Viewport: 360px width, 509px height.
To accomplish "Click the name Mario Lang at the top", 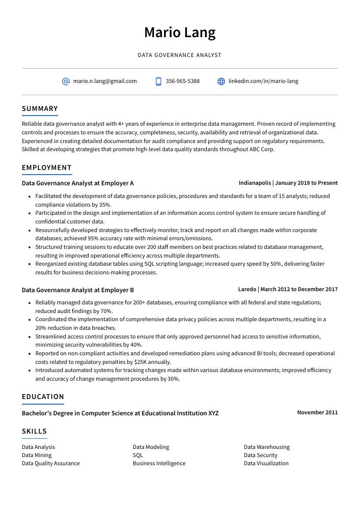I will [180, 33].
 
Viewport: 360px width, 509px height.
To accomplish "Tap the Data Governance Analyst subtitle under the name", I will [180, 55].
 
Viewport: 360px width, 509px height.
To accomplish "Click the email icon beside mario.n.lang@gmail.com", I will [66, 81].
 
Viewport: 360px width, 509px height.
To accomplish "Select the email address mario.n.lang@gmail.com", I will [105, 81].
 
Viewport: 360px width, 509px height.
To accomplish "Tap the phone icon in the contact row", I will [158, 81].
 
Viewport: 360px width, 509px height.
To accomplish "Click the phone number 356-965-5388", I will [182, 81].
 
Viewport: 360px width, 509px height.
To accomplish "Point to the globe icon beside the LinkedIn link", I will [221, 81].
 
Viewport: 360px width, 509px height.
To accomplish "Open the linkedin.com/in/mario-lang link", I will [263, 81].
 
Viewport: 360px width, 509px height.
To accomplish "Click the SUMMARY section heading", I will [40, 108].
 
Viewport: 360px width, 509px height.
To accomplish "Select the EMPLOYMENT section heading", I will [47, 167].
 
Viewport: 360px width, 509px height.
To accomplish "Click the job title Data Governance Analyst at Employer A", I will [77, 183].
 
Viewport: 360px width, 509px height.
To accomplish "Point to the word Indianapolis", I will [255, 183].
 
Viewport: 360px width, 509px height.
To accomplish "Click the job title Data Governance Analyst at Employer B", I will [77, 290].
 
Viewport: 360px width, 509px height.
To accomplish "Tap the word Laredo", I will [247, 290].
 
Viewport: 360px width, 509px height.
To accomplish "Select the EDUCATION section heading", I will [43, 397].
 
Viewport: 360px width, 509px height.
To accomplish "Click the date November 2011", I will [317, 413].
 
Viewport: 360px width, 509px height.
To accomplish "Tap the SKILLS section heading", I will [34, 431].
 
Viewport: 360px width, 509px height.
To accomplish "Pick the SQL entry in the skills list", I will [137, 456].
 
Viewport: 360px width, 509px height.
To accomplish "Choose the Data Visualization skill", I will [266, 464].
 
